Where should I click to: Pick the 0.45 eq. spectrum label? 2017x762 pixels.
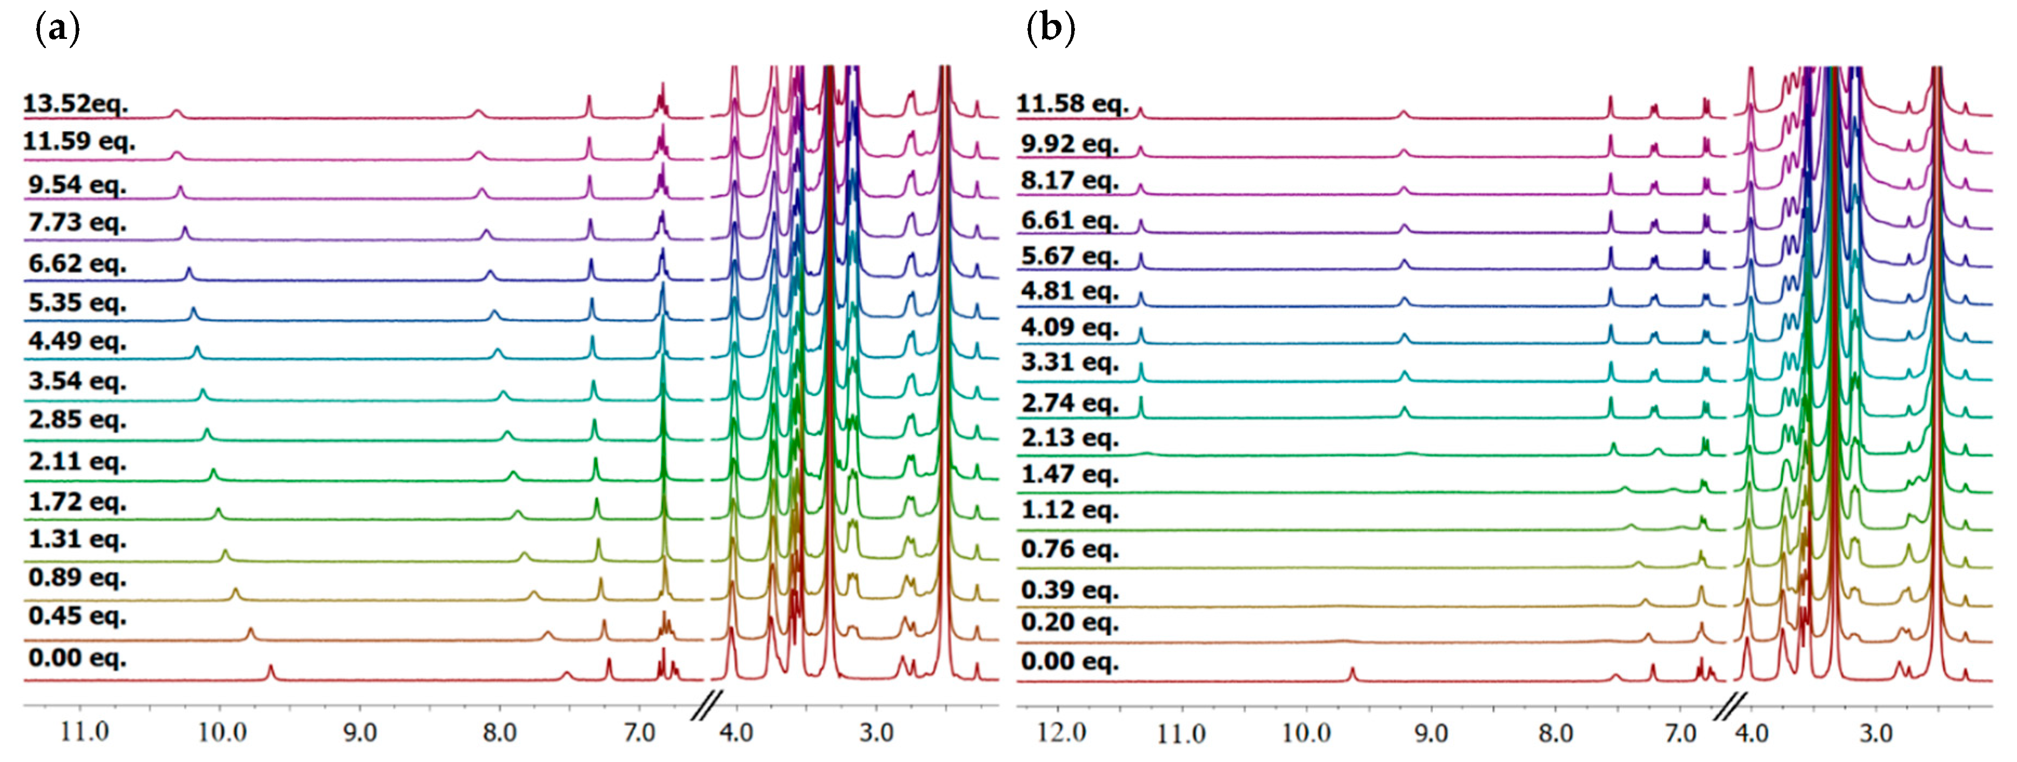(77, 617)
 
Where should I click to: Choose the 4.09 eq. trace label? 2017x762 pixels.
(1069, 327)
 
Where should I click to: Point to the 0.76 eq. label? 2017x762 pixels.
(1069, 549)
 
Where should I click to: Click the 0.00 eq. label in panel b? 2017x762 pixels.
(1069, 662)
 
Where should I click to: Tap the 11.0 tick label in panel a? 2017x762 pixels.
(84, 733)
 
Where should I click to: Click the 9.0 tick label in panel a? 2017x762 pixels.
(359, 733)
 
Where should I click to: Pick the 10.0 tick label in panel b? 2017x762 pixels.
(1306, 733)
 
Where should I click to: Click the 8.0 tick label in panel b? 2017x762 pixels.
(1555, 733)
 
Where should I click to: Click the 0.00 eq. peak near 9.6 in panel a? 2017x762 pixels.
(271, 671)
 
